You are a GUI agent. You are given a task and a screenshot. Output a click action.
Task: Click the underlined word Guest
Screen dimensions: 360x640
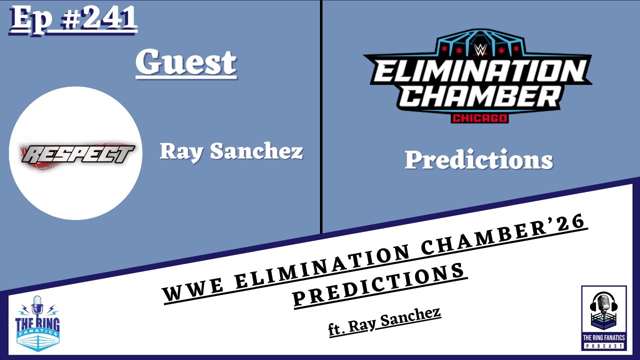186,63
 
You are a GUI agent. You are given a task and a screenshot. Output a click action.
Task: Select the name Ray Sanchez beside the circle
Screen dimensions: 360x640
231,151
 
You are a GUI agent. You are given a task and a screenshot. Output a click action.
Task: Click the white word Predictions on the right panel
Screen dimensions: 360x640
478,160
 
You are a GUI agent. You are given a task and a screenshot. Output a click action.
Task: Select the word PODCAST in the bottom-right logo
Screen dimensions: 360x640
604,346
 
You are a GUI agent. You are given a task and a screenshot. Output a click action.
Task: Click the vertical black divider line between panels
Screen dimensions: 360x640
321,115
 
